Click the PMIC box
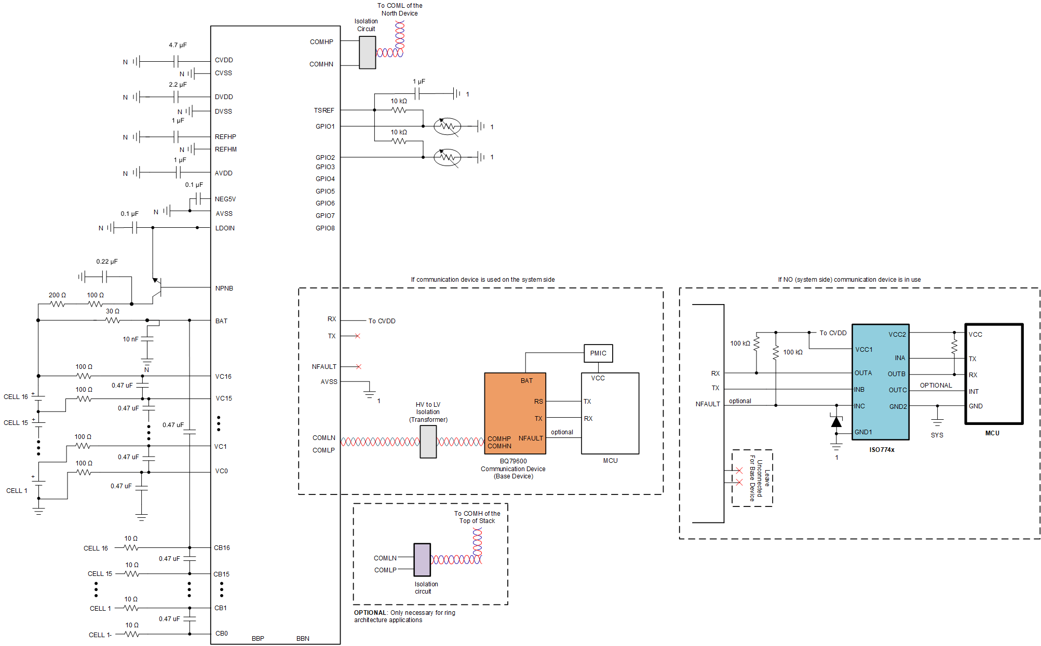pyautogui.click(x=598, y=353)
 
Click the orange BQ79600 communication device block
pyautogui.click(x=515, y=414)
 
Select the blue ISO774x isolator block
pyautogui.click(x=881, y=382)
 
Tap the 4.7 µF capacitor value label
pyautogui.click(x=178, y=45)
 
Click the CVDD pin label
pyautogui.click(x=224, y=60)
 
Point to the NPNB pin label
pyautogui.click(x=224, y=288)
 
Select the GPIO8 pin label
pyautogui.click(x=325, y=228)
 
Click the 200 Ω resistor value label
pyautogui.click(x=57, y=295)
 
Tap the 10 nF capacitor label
pyautogui.click(x=130, y=339)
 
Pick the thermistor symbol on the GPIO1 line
pyautogui.click(x=447, y=126)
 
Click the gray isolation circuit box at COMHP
pyautogui.click(x=368, y=52)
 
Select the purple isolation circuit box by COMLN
pyautogui.click(x=422, y=559)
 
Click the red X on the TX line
pyautogui.click(x=357, y=336)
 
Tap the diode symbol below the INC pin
pyautogui.click(x=836, y=422)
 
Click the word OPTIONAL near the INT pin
pyautogui.click(x=936, y=386)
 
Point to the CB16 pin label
pyautogui.click(x=222, y=548)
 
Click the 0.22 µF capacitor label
pyautogui.click(x=107, y=262)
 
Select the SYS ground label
pyautogui.click(x=937, y=435)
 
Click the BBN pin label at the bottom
pyautogui.click(x=303, y=639)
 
